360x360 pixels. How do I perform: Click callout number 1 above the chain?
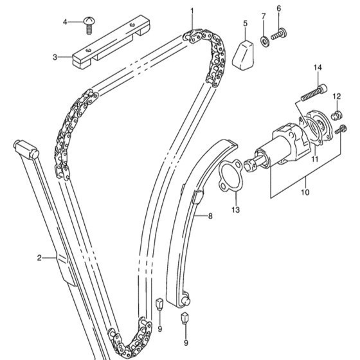[192, 11]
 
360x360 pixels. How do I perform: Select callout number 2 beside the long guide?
[39, 258]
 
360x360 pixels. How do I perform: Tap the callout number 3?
[55, 57]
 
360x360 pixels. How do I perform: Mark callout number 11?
[314, 158]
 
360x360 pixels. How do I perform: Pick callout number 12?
[336, 96]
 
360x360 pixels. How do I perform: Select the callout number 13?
[235, 210]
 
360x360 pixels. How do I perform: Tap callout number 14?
[317, 68]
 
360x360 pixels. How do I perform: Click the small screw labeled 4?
[89, 24]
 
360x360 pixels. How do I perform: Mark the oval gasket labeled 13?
[228, 175]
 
